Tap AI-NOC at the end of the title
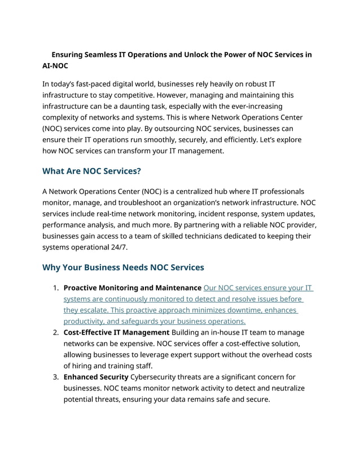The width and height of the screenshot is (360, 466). click(x=55, y=66)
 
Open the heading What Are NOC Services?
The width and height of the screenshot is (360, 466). click(x=91, y=171)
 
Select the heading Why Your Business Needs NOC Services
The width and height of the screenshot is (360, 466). click(x=123, y=267)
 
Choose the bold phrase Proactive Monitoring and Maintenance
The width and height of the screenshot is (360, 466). click(x=133, y=288)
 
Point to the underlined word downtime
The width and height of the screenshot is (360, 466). click(x=233, y=310)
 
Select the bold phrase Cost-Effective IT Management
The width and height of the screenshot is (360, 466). click(x=116, y=332)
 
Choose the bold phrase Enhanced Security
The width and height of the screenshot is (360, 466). click(x=95, y=377)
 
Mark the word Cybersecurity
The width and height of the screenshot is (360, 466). click(x=156, y=377)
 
